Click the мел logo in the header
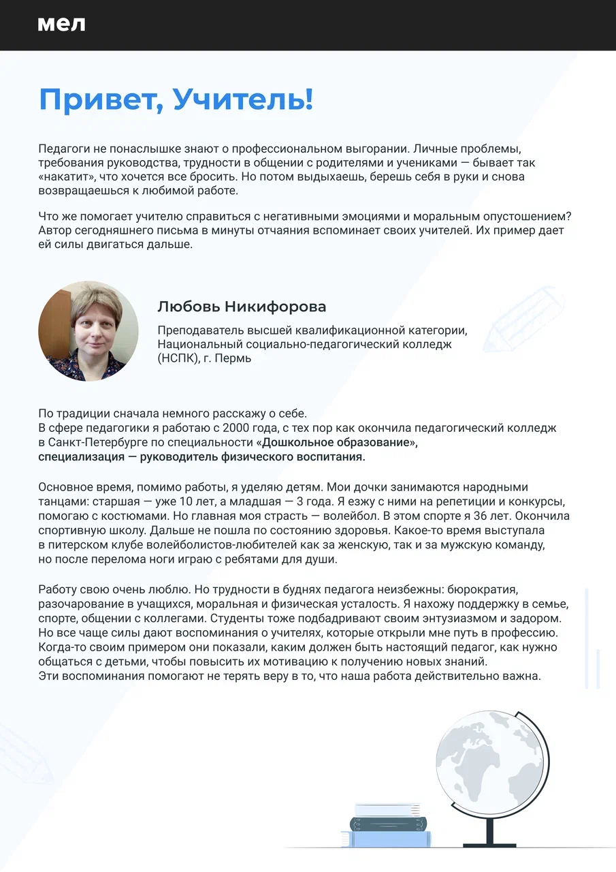61,25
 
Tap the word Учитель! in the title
243,100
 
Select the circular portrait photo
88,331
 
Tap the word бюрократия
493,589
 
